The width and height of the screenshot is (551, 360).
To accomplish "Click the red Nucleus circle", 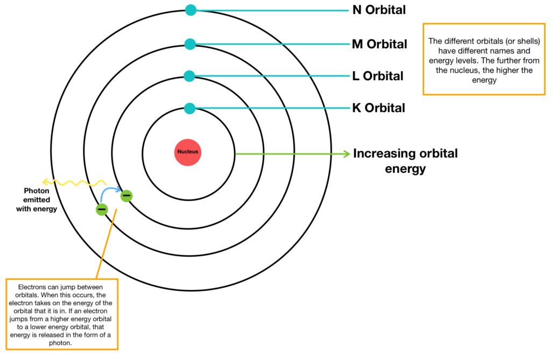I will pyautogui.click(x=188, y=152).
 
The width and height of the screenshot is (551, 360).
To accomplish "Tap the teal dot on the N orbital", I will pyautogui.click(x=190, y=10).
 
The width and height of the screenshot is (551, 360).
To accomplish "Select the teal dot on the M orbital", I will pyautogui.click(x=189, y=44).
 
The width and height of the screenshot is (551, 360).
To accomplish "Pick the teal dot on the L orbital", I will pyautogui.click(x=189, y=76).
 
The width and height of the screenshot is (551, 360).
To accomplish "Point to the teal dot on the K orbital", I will pyautogui.click(x=189, y=108).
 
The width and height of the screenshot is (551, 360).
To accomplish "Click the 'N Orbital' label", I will pyautogui.click(x=379, y=10).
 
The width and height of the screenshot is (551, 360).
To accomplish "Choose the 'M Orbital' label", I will pyautogui.click(x=379, y=44).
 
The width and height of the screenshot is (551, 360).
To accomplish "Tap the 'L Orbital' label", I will pyautogui.click(x=378, y=76).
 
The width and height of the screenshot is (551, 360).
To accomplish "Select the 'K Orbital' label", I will pyautogui.click(x=378, y=108).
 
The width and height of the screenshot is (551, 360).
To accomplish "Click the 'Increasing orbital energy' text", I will pyautogui.click(x=405, y=161).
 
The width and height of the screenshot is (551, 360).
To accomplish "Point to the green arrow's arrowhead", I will pyautogui.click(x=347, y=154).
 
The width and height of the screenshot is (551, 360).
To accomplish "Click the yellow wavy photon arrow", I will pyautogui.click(x=73, y=182).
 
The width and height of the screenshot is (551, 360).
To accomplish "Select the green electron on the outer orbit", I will pyautogui.click(x=102, y=209).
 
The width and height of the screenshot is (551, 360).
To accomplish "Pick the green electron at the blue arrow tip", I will pyautogui.click(x=126, y=196).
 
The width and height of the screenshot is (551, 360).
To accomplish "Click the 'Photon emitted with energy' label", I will pyautogui.click(x=37, y=200).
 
